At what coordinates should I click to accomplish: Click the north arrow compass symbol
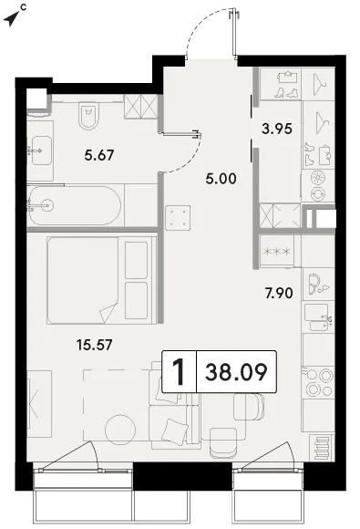point(12,18)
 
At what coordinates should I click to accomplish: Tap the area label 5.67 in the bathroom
point(99,155)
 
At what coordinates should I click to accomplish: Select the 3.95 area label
point(277,129)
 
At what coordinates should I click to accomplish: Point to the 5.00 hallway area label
point(221,179)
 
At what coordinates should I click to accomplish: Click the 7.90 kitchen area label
point(279,293)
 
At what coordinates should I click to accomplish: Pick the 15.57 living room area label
point(95,345)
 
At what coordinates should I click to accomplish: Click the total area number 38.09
point(236,372)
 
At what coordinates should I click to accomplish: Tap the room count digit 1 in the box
point(179,372)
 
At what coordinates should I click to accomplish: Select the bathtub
point(74,205)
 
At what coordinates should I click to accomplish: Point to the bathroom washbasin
point(40,150)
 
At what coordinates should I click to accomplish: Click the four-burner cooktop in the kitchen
point(318,382)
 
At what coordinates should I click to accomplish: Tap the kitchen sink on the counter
point(318,317)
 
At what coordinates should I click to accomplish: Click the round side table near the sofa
point(120,430)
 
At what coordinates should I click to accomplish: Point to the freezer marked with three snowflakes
point(276,251)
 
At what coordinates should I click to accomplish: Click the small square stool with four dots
point(178,218)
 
